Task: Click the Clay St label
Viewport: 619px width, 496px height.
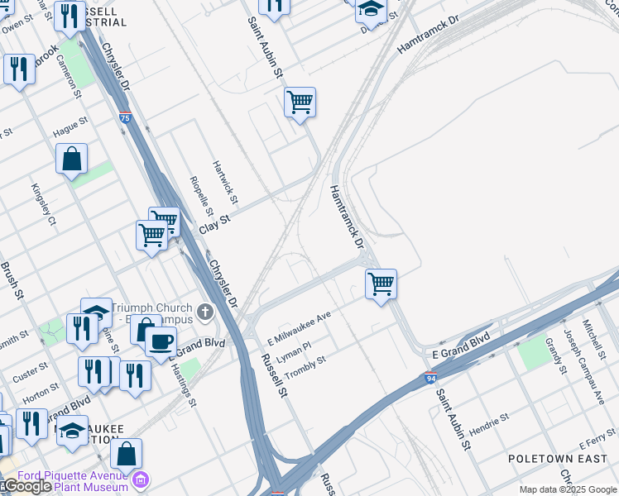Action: [214, 222]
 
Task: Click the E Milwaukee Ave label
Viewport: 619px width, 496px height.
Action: [299, 329]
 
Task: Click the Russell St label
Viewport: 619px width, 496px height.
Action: [273, 374]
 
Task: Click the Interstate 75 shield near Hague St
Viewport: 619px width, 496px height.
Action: [125, 119]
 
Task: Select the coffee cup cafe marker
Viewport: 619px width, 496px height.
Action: [161, 340]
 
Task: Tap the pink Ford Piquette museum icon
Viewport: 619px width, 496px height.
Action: [142, 479]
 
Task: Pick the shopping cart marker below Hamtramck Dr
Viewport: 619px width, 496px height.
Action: [381, 284]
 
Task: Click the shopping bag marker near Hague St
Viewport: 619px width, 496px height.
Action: [72, 157]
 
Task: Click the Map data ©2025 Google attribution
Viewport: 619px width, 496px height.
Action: [569, 489]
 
